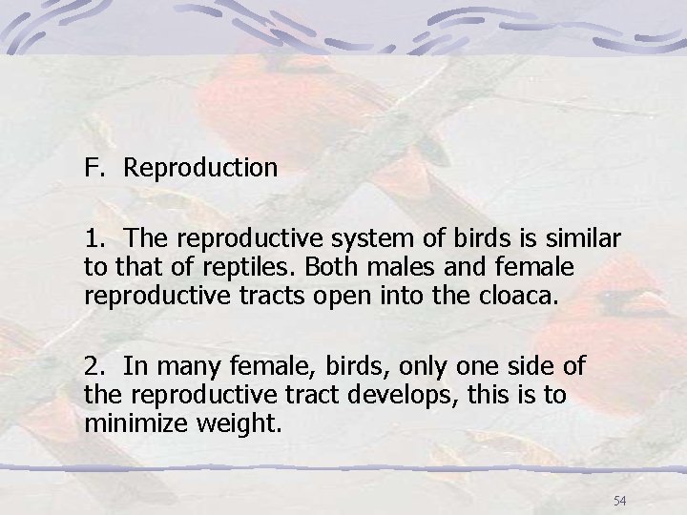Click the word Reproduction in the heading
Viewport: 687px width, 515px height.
200,169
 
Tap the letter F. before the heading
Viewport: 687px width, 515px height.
94,169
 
